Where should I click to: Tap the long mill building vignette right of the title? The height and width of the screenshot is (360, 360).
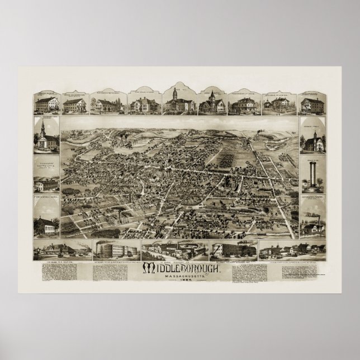[233, 249]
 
